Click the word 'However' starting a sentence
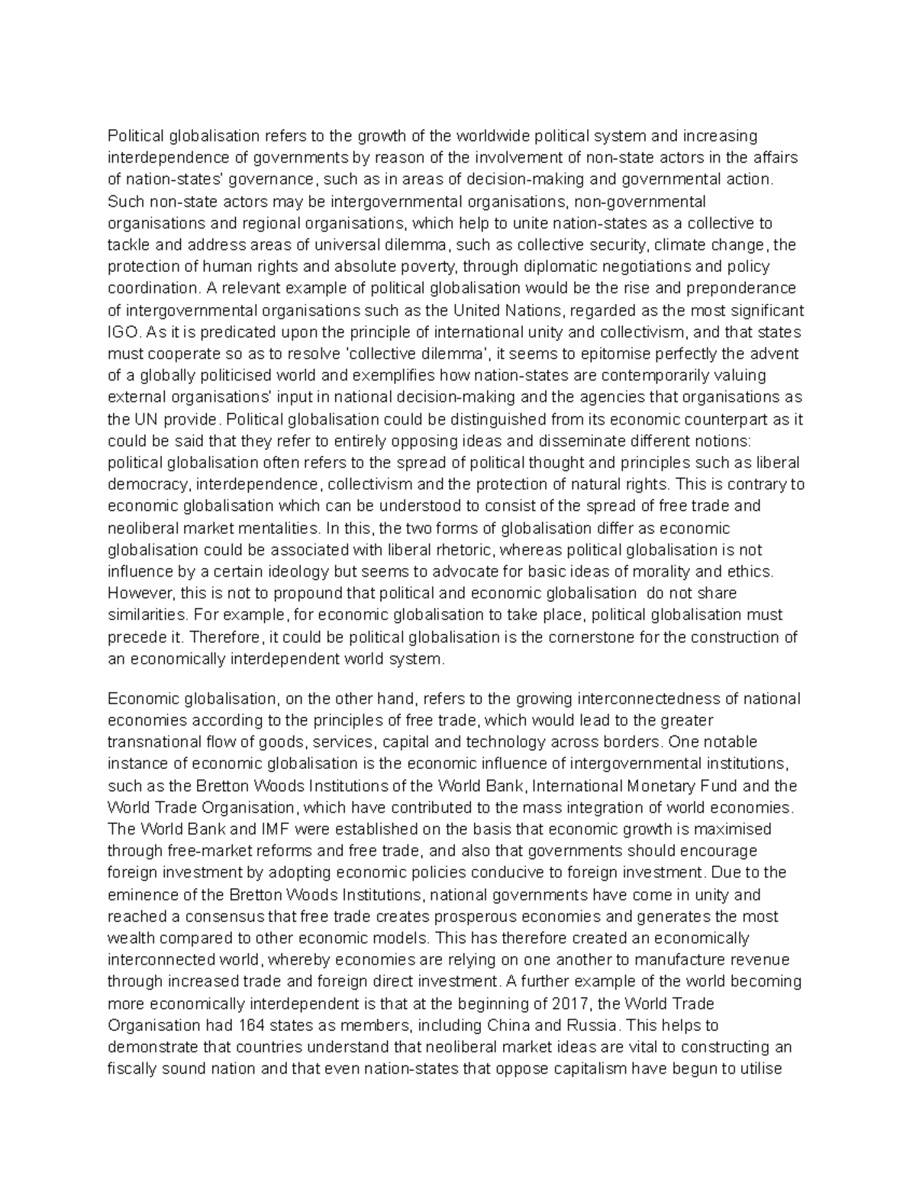point(134,593)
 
